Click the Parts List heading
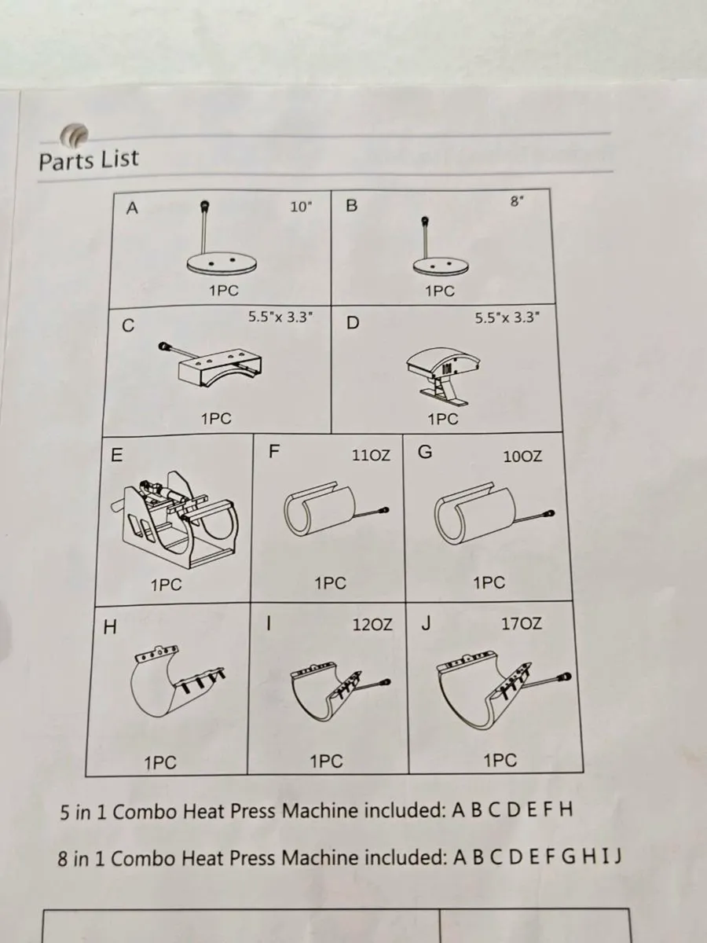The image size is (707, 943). point(88,160)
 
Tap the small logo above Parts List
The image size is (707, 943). point(75,135)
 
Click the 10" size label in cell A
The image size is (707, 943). point(301,207)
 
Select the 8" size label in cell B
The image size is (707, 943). point(516,201)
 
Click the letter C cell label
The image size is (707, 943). point(128,327)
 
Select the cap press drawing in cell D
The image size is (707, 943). point(443,372)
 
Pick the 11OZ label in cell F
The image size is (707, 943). point(371,456)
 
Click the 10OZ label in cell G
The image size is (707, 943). point(522,456)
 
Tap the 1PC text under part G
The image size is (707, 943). point(489,583)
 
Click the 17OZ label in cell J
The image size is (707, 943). point(522,624)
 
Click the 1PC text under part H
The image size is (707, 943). point(160,762)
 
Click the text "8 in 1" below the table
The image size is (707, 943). point(82,858)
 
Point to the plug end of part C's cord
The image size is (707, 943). point(165,347)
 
